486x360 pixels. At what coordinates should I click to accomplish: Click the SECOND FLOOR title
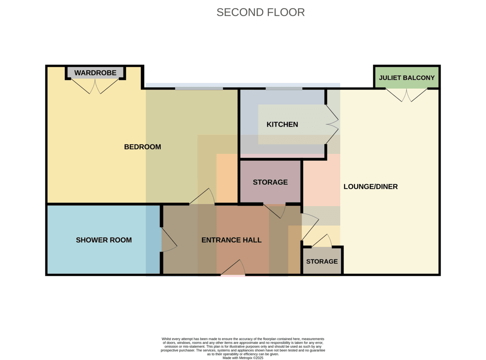(x=260, y=12)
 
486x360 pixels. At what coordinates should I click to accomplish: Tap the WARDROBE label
(x=95, y=73)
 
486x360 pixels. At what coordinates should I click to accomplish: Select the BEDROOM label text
(x=143, y=147)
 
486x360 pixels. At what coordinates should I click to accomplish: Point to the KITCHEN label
(x=282, y=124)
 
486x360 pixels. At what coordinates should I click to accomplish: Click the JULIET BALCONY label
(x=407, y=78)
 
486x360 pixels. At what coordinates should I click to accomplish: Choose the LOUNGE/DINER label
(x=371, y=187)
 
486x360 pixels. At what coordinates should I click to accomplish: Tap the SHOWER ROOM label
(x=104, y=240)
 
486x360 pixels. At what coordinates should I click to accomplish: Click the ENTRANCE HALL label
(x=231, y=240)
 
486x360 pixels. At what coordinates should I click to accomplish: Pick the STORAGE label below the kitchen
(x=270, y=182)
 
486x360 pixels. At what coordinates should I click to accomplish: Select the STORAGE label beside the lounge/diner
(x=322, y=262)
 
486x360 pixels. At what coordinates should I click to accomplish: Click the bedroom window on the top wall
(x=199, y=89)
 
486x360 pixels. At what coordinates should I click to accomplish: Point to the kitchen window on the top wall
(x=284, y=89)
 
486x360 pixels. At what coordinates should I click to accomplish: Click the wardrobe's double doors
(x=95, y=86)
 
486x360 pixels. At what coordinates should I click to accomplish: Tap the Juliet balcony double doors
(x=407, y=95)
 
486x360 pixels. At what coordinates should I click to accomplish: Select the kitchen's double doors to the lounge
(x=332, y=124)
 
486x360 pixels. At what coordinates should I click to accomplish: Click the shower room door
(x=169, y=240)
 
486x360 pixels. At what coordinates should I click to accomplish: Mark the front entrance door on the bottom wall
(x=233, y=267)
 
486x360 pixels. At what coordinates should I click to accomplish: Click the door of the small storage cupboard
(x=322, y=241)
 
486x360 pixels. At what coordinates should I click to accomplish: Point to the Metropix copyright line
(x=243, y=358)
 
